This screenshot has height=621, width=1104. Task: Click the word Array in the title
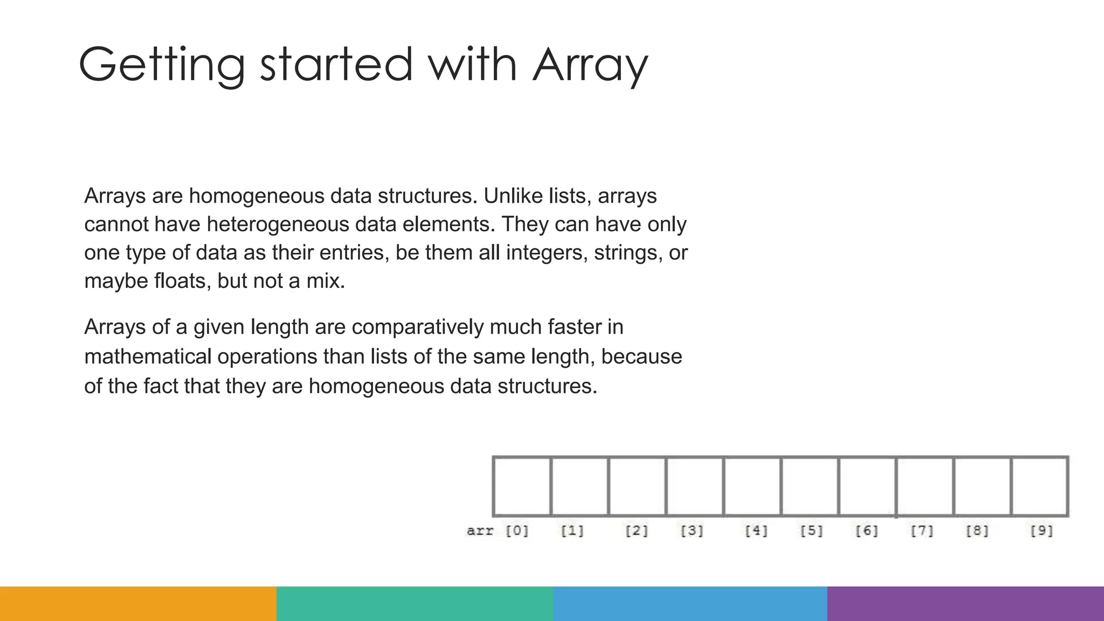coord(590,66)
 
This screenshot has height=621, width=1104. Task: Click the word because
coord(641,357)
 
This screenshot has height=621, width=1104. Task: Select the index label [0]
coord(517,531)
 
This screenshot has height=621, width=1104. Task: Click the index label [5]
coord(811,531)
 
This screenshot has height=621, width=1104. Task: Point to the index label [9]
coord(1041,531)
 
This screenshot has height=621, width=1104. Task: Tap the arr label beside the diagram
coord(480,531)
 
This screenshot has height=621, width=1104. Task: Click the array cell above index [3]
coord(694,486)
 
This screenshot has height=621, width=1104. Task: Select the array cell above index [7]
coord(925,486)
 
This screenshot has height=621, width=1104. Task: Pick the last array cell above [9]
coord(1040,486)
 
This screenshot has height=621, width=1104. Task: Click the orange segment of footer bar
coord(138,604)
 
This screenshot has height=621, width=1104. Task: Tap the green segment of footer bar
coord(415,604)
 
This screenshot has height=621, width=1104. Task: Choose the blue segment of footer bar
coord(690,604)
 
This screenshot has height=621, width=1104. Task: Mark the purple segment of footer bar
coord(965,604)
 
